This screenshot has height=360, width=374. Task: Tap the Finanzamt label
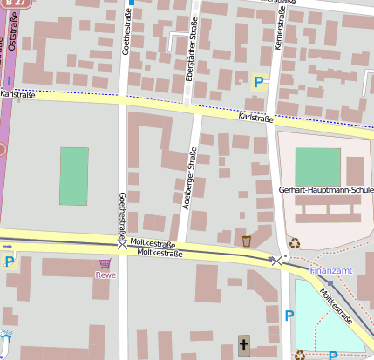(x=331, y=270)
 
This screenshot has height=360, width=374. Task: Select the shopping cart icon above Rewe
(x=105, y=263)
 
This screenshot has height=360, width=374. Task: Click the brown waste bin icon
(x=247, y=241)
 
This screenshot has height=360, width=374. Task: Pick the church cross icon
(x=243, y=347)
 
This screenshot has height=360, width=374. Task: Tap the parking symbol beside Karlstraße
(x=258, y=83)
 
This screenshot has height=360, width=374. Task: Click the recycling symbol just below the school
(x=296, y=243)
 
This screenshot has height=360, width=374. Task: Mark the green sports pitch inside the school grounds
(x=317, y=166)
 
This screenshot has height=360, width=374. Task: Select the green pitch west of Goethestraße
(x=74, y=176)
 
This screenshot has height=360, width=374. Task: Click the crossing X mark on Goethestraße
(x=122, y=247)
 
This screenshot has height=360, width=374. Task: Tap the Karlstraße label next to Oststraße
(x=17, y=93)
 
